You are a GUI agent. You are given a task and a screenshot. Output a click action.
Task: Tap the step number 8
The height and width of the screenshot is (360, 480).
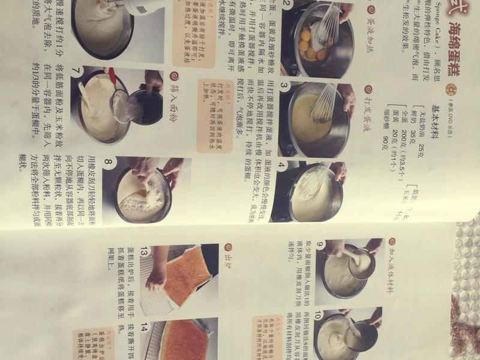108,163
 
